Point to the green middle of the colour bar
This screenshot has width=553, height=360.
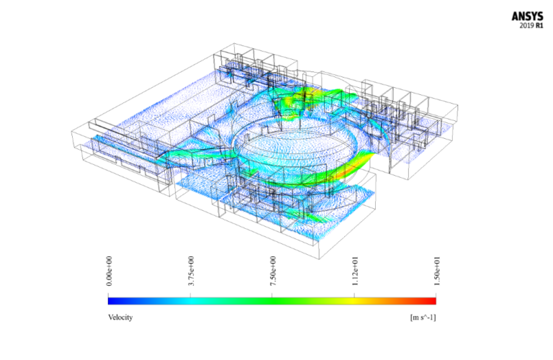click(x=272, y=301)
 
